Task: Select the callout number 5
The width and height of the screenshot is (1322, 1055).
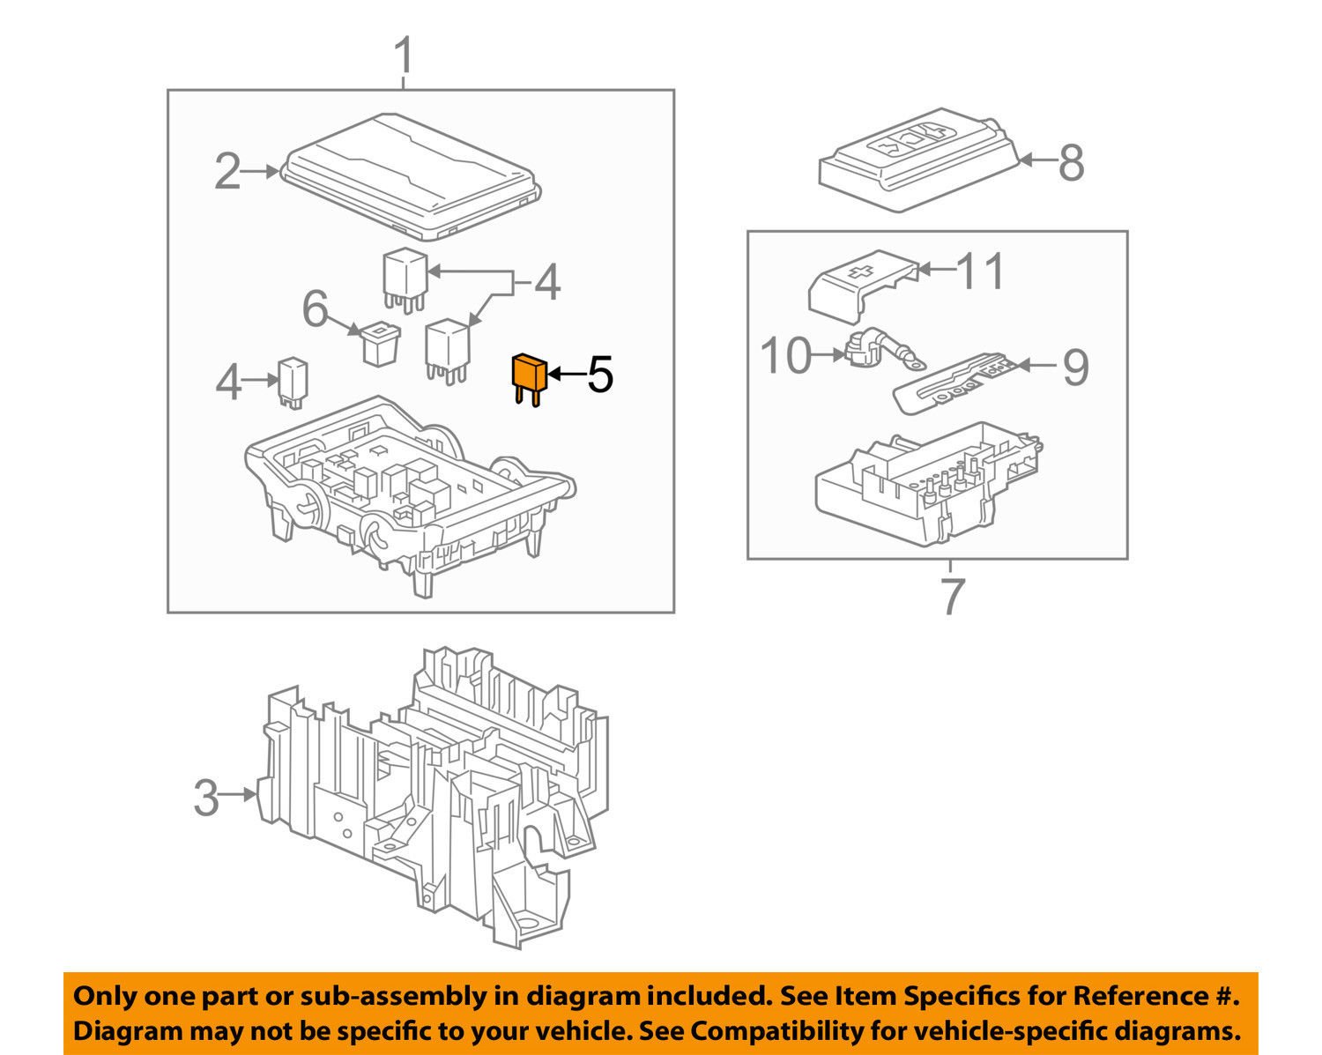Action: click(599, 375)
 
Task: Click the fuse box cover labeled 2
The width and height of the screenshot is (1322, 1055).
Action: click(410, 176)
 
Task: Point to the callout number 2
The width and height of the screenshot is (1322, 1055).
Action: click(227, 172)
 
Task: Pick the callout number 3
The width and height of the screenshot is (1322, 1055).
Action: click(205, 798)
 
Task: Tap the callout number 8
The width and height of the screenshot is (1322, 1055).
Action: click(1071, 163)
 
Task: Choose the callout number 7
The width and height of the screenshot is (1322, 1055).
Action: click(953, 597)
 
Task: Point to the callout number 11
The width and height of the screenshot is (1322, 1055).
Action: click(980, 271)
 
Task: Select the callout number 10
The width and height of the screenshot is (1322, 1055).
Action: click(785, 356)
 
